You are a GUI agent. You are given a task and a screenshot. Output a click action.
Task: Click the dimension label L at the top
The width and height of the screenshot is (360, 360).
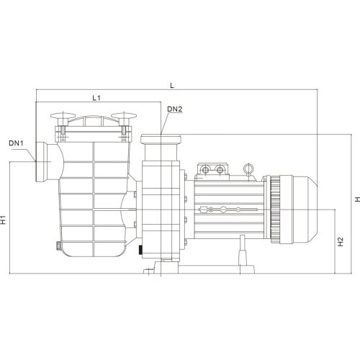point(171,85)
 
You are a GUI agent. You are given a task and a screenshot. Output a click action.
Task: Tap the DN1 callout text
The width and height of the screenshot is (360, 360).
point(17,143)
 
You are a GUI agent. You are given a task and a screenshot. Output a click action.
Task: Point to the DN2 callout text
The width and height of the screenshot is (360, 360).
point(174,109)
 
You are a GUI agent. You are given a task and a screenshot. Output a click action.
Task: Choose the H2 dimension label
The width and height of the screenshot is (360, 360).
point(340,242)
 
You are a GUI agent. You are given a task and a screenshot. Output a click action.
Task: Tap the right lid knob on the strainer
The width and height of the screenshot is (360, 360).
point(125,117)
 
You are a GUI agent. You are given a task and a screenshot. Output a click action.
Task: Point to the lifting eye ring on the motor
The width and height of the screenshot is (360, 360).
point(248,168)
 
